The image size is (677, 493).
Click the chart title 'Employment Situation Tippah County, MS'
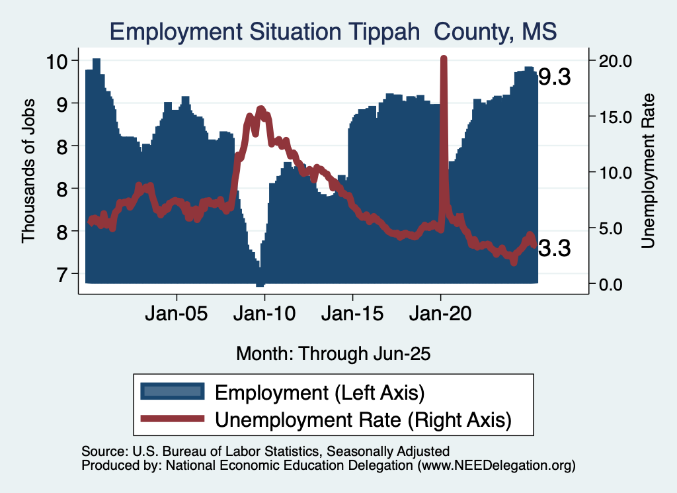tap(333, 31)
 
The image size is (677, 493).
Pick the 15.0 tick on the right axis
tap(616, 116)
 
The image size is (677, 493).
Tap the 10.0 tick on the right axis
tap(616, 172)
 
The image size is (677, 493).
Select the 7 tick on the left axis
tap(61, 274)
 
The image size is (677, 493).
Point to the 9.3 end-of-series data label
tap(554, 77)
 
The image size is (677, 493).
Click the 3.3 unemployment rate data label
tap(554, 248)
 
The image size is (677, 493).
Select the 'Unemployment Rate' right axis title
tap(648, 170)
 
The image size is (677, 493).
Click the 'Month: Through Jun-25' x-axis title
tap(333, 353)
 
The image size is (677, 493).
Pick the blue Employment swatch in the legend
tap(172, 392)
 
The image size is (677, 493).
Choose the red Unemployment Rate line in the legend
tap(172, 418)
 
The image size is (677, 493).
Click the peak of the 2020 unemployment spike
tap(444, 59)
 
